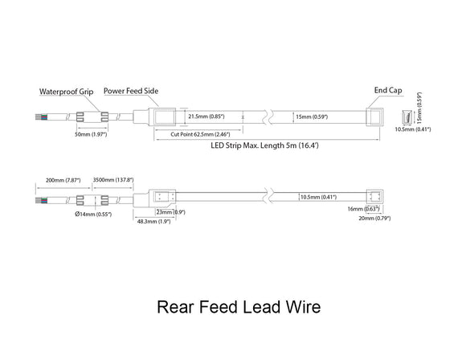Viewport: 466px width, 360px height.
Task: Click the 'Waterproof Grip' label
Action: tap(67, 92)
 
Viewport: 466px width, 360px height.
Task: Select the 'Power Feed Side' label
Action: tap(132, 92)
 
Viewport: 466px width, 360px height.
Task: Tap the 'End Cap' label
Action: tap(387, 92)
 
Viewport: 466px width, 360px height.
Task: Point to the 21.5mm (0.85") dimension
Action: tap(205, 117)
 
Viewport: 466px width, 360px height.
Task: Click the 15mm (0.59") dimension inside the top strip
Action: tap(314, 117)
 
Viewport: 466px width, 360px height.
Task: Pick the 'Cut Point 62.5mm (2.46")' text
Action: tap(200, 134)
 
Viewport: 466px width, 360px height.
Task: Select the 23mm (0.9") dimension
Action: tap(170, 212)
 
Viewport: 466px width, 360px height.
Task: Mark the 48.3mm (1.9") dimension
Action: tap(153, 221)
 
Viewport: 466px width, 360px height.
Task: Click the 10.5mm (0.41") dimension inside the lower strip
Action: tap(317, 196)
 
